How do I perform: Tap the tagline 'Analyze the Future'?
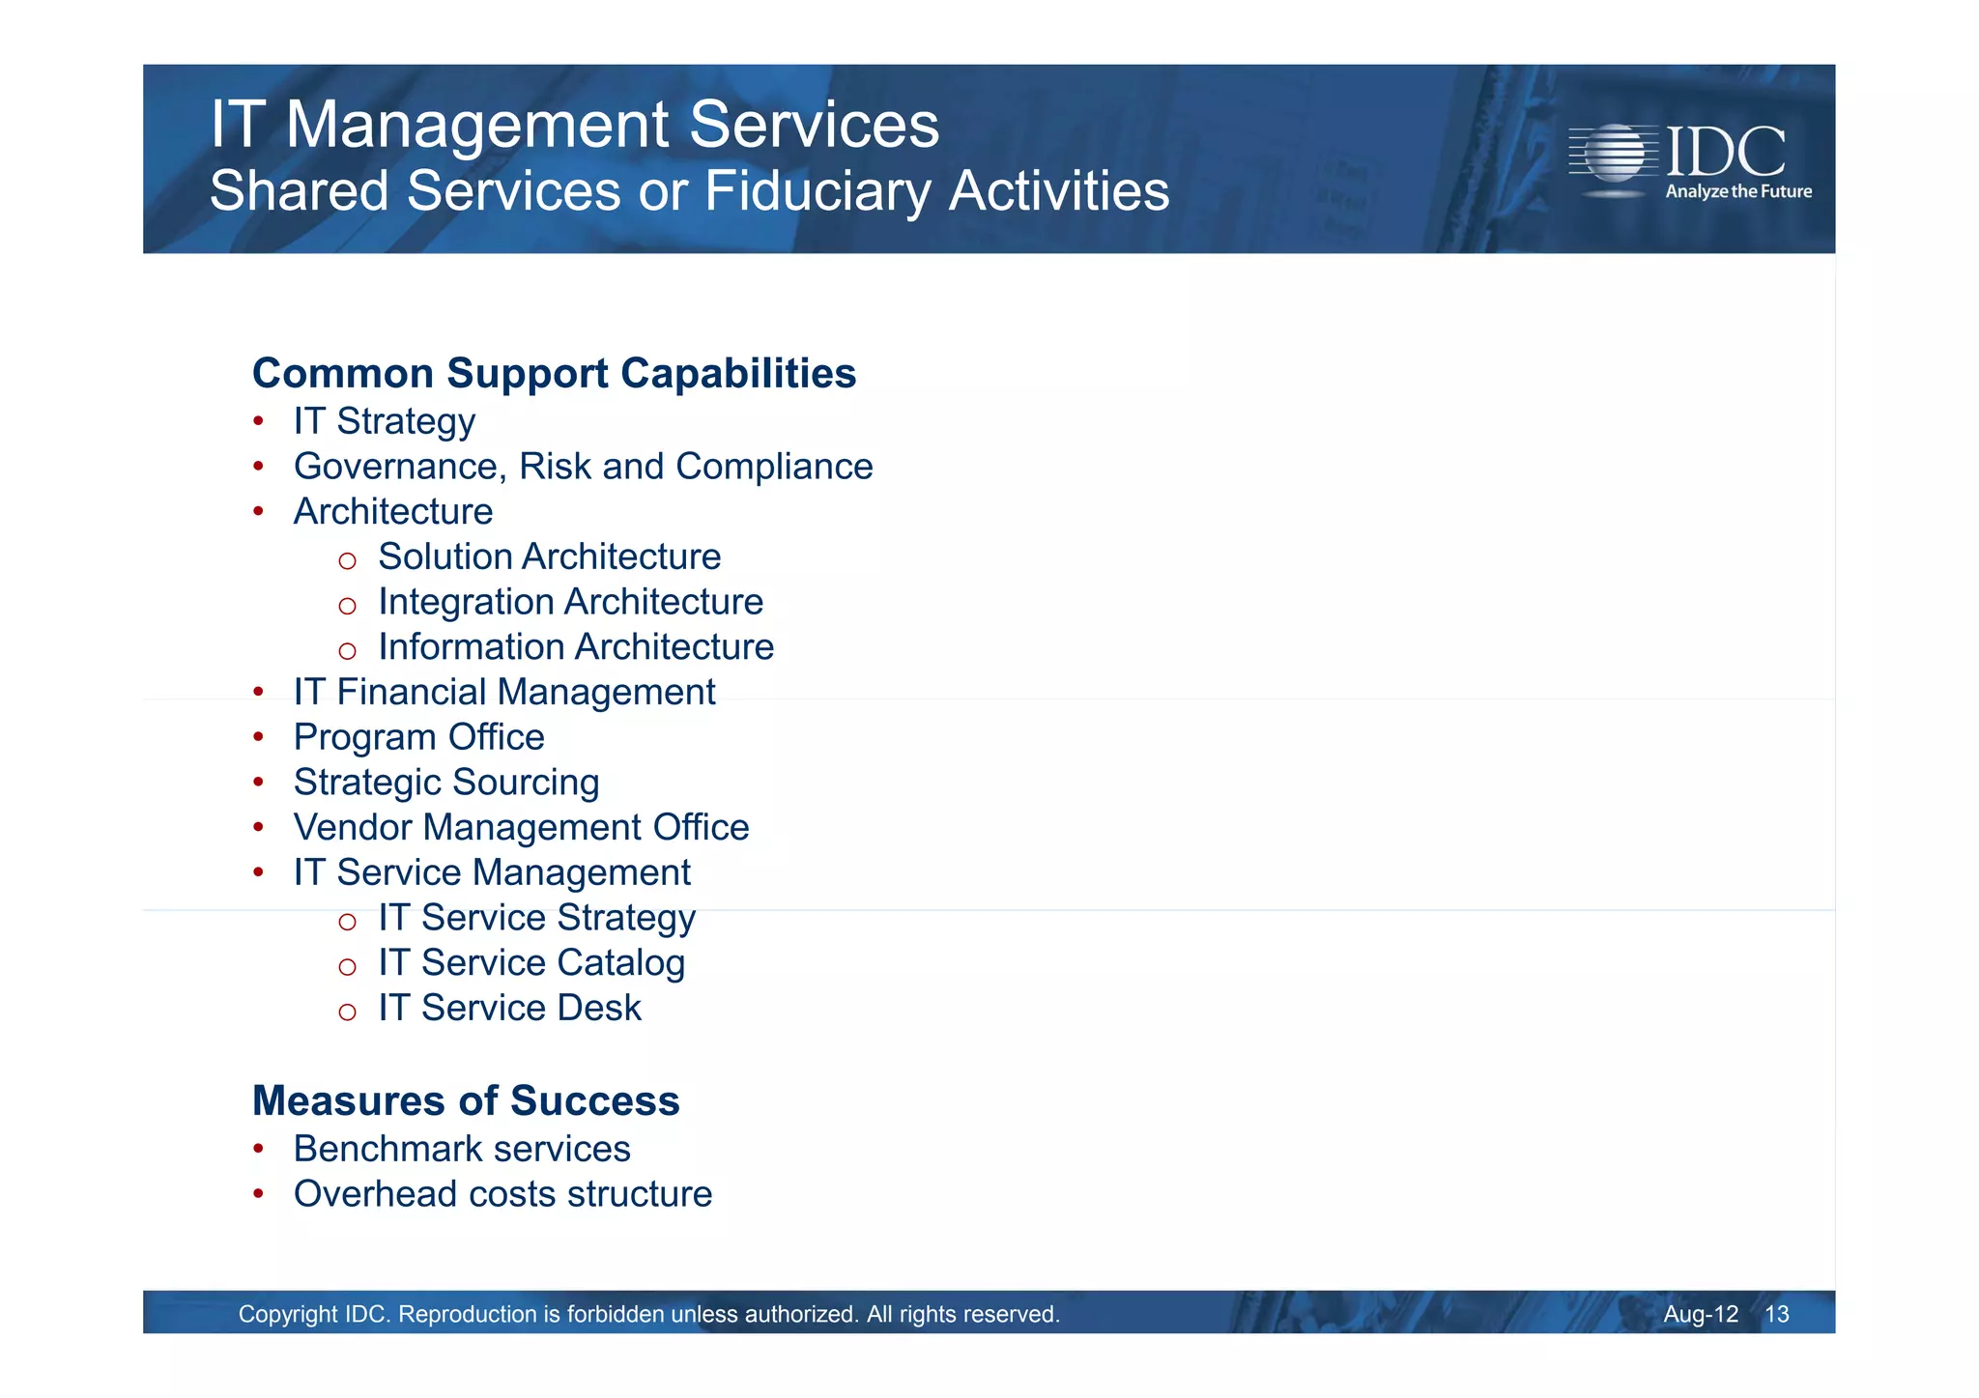point(1737,191)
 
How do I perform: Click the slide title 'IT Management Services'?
point(574,125)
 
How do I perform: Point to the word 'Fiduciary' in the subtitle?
point(819,191)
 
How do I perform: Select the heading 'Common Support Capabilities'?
point(554,374)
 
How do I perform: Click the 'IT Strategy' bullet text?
point(384,421)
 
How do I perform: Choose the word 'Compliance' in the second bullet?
point(774,467)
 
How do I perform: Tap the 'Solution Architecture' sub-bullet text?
point(549,556)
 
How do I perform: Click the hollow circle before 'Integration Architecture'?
point(348,606)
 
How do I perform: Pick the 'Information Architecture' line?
point(575,647)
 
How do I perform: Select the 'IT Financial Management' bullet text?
point(503,693)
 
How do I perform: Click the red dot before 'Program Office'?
point(258,737)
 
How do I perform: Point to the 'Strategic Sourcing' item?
point(445,783)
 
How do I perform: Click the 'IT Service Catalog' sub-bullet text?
point(531,963)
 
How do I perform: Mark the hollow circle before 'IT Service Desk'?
point(348,1012)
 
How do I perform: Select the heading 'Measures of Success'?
point(466,1101)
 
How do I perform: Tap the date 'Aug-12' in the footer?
point(1700,1314)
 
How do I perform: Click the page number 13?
point(1776,1314)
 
